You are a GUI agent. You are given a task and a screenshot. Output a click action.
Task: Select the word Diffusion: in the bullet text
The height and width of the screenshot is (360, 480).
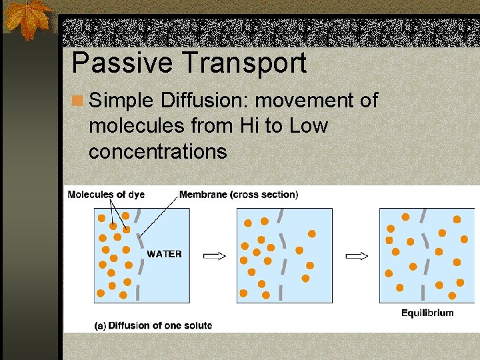click(204, 101)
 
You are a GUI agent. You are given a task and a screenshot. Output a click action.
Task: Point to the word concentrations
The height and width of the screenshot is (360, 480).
click(157, 151)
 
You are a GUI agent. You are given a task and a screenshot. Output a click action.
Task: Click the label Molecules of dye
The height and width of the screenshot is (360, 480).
click(106, 195)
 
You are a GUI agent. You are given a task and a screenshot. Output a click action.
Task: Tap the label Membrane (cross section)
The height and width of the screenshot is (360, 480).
click(239, 195)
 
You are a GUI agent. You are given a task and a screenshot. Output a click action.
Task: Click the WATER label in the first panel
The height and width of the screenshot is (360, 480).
click(164, 254)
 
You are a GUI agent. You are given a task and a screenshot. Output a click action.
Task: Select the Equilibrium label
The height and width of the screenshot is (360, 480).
click(427, 313)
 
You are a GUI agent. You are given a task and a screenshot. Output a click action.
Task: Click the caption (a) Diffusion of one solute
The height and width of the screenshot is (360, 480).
click(153, 325)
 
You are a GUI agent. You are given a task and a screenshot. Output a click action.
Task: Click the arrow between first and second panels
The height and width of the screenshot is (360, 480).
click(214, 255)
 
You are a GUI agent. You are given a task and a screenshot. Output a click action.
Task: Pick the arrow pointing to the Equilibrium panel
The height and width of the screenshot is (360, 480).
click(357, 255)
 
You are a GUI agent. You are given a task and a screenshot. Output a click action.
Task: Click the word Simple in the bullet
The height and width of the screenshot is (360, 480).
click(121, 101)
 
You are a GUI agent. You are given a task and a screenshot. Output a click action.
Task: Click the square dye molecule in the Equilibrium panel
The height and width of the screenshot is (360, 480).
click(389, 240)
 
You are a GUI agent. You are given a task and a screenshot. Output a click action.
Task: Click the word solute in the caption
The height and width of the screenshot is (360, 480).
click(196, 325)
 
